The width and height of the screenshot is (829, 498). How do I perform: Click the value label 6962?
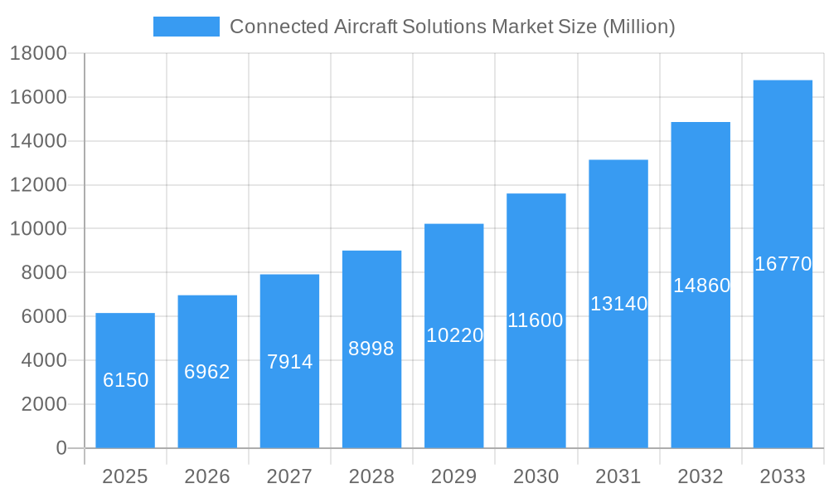pyautogui.click(x=207, y=372)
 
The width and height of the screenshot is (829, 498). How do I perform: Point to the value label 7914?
pyautogui.click(x=289, y=362)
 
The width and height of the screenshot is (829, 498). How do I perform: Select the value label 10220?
pyautogui.click(x=454, y=335)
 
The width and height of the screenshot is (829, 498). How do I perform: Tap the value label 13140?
pyautogui.click(x=618, y=304)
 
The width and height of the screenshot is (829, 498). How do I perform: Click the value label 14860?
pyautogui.click(x=701, y=286)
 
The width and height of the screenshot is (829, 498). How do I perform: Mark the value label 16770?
pyautogui.click(x=783, y=264)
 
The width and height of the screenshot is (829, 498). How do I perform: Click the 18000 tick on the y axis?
pyautogui.click(x=38, y=54)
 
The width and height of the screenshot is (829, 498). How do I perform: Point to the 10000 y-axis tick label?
pyautogui.click(x=38, y=229)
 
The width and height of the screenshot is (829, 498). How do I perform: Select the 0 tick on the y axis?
pyautogui.click(x=61, y=448)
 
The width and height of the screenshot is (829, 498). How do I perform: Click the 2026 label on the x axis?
pyautogui.click(x=207, y=476)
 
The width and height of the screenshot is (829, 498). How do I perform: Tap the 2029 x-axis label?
pyautogui.click(x=454, y=476)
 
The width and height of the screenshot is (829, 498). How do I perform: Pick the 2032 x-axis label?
pyautogui.click(x=701, y=476)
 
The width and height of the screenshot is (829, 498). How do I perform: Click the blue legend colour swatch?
pyautogui.click(x=187, y=27)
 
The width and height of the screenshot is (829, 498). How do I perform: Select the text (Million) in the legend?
pyautogui.click(x=638, y=27)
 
